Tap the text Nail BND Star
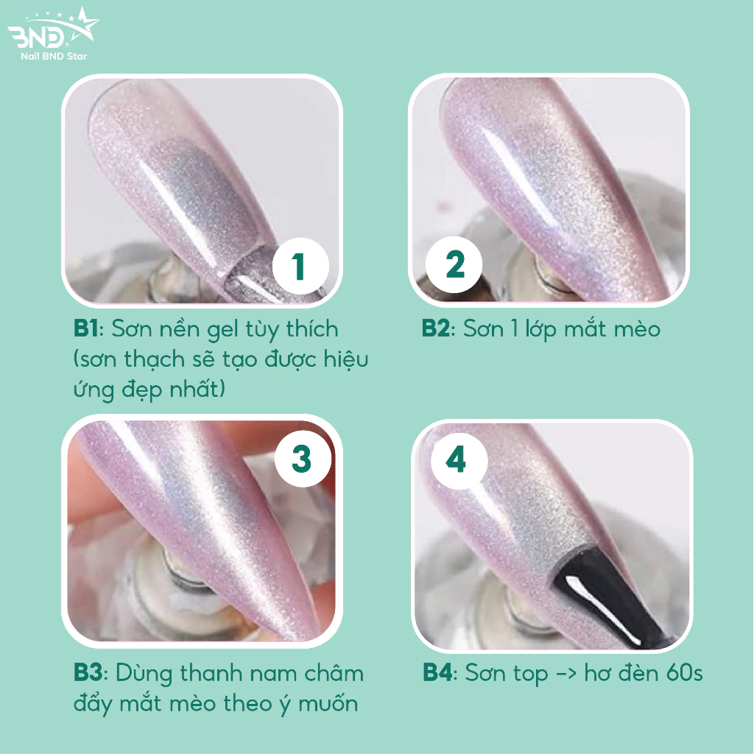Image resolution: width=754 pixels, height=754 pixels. pos(54,56)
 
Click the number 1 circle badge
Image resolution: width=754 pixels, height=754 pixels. pos(300,266)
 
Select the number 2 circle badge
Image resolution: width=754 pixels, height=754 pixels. pos(454,264)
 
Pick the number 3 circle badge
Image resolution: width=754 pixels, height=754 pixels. pos(303,459)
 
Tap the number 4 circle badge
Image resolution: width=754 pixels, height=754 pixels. pos(459,460)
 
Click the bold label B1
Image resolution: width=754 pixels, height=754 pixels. pos(85,329)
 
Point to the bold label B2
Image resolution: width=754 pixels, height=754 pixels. pos(436,329)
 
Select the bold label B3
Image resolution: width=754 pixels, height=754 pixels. pos(88,673)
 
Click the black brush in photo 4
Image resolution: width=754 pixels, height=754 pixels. pos(608,596)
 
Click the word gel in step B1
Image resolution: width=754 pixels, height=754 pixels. pos(222,331)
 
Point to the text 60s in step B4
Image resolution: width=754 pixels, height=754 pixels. pos(684,673)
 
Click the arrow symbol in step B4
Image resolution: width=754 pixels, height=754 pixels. pos(565,674)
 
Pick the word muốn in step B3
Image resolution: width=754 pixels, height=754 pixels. pos(328,703)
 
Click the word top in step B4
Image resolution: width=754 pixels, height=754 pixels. pos(530,675)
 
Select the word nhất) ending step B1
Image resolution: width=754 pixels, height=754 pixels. pos(197,389)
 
